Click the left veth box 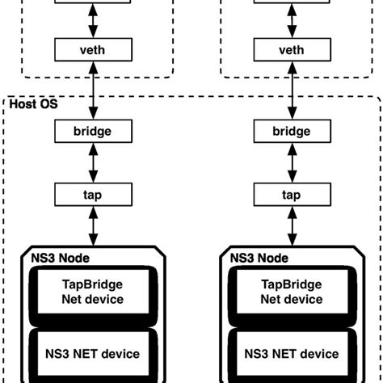pos(93,50)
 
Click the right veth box pos(290,50)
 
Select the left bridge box pos(93,129)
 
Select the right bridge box pos(290,129)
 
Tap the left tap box pos(93,194)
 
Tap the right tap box pos(290,194)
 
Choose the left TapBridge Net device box pos(93,293)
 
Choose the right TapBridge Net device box pos(290,293)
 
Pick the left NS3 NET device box pos(93,353)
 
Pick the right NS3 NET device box pos(290,353)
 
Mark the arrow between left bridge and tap pos(93,162)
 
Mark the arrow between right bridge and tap pos(290,162)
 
